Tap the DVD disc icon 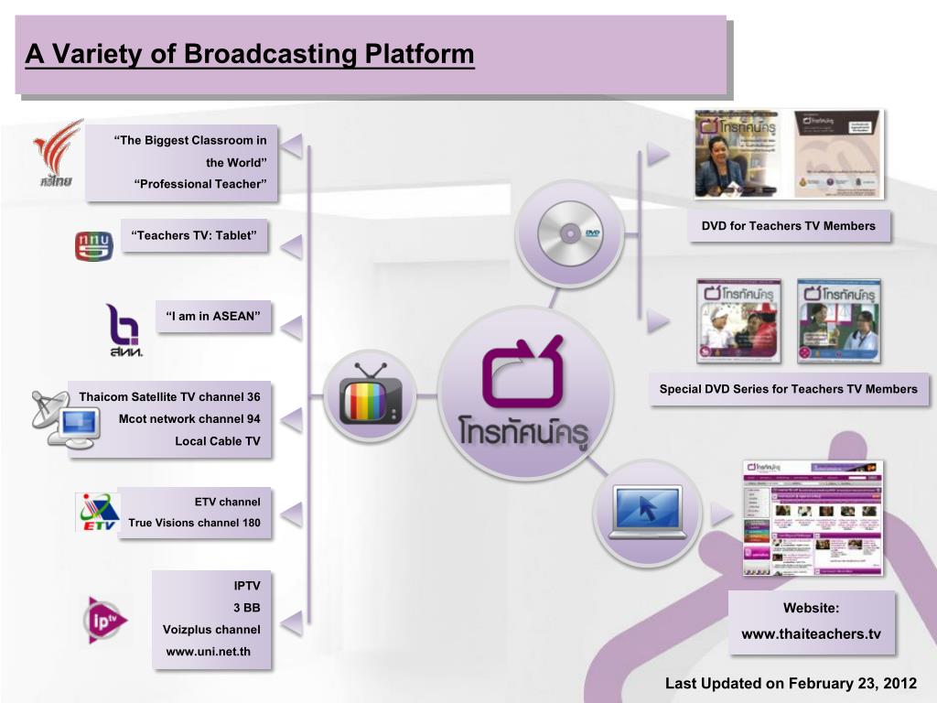point(568,234)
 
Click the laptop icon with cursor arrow point(648,511)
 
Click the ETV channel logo point(96,512)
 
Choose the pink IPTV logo point(103,620)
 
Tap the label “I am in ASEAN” point(213,317)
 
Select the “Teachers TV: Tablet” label point(194,235)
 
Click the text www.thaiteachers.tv point(812,633)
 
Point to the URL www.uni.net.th point(207,652)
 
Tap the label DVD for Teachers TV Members point(788,226)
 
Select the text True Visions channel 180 point(194,524)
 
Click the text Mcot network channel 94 point(189,418)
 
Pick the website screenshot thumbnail point(813,517)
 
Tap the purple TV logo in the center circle point(522,373)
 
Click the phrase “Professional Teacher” point(200,184)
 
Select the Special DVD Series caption point(788,389)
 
